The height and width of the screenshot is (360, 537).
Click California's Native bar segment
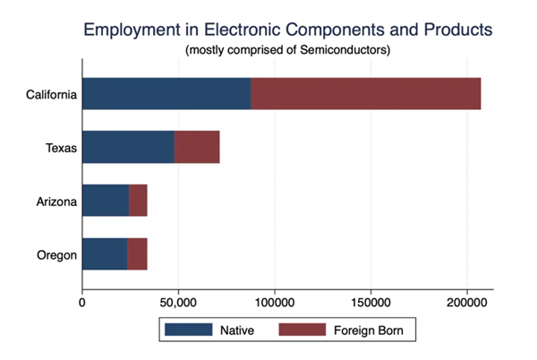[166, 94]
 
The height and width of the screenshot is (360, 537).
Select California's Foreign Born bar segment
[365, 94]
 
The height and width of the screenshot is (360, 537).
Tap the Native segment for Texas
[128, 147]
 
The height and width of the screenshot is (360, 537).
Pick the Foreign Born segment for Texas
[197, 147]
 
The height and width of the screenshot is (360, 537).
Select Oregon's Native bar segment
[105, 255]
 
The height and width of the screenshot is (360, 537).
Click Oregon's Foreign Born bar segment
[137, 255]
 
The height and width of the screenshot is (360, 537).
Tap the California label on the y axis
[50, 94]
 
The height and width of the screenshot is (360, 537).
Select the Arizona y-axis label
[55, 201]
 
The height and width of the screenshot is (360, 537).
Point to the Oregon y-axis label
[56, 255]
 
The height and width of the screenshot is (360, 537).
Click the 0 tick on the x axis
[82, 303]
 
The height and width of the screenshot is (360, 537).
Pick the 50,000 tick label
[178, 303]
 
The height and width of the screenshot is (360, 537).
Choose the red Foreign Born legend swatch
[304, 330]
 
